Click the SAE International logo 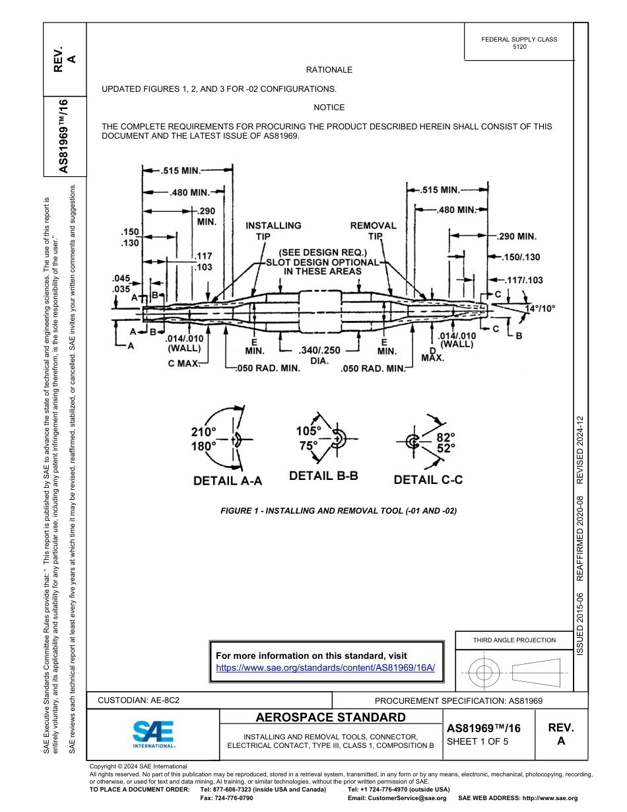(x=153, y=733)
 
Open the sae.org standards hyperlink (x=325, y=667)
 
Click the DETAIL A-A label (x=227, y=481)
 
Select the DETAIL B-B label (x=323, y=475)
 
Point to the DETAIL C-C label (x=428, y=480)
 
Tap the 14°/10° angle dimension (x=540, y=308)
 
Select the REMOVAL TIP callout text (x=373, y=230)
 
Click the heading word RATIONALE (x=329, y=70)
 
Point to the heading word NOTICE (x=329, y=108)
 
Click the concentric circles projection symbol (x=484, y=673)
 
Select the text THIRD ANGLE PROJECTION (x=514, y=640)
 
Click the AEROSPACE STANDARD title (x=331, y=718)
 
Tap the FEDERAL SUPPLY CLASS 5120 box (x=519, y=43)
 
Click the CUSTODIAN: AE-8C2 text (x=139, y=700)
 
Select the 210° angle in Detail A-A (x=203, y=432)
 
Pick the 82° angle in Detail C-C (x=445, y=437)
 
